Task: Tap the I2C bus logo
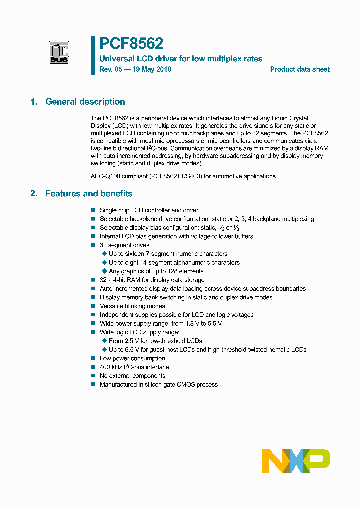point(59,52)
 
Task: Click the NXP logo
point(296,461)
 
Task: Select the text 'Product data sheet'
point(300,69)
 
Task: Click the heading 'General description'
point(85,102)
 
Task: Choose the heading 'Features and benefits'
point(89,194)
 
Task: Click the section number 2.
point(33,194)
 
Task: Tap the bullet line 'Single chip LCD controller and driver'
point(149,210)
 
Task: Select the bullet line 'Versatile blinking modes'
point(132,306)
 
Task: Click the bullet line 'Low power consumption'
point(132,358)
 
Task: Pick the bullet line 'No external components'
point(132,376)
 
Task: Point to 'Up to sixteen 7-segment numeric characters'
point(168,254)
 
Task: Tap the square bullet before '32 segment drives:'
point(93,245)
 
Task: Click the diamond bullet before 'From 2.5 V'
point(104,341)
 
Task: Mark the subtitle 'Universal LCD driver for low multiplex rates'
point(181,59)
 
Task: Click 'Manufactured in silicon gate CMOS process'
point(158,385)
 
